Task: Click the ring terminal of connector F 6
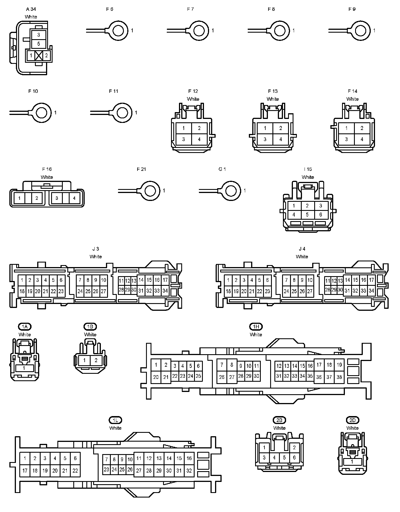[118, 30]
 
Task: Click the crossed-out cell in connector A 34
[39, 56]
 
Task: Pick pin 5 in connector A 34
[39, 44]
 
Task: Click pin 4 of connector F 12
[199, 139]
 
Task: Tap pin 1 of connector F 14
[346, 128]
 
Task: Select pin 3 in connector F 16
[57, 198]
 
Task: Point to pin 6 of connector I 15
[321, 215]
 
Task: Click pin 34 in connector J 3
[165, 291]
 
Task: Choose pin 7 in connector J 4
[286, 280]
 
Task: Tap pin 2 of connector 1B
[96, 360]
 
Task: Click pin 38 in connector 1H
[339, 377]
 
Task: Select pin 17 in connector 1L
[25, 471]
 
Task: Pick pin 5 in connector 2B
[284, 458]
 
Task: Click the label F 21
[141, 169]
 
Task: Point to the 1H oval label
[256, 327]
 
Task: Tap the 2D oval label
[352, 420]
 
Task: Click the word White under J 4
[302, 257]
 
